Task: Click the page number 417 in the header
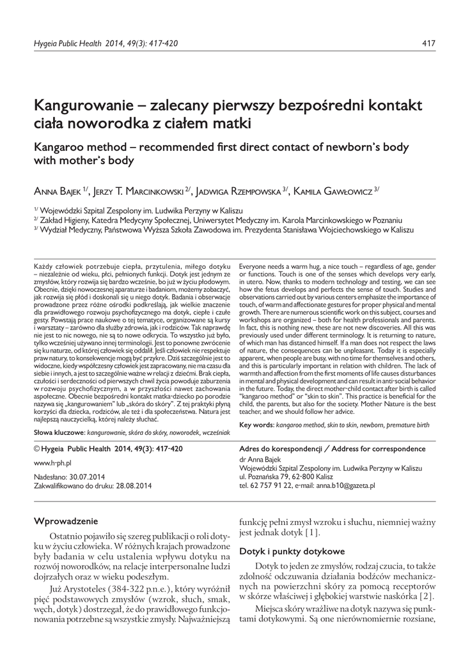pos(429,43)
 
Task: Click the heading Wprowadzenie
pos(65,521)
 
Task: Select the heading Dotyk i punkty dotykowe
pos(292,551)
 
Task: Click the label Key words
pos(256,425)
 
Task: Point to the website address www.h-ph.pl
pos(52,462)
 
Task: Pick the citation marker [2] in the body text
pos(427,597)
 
